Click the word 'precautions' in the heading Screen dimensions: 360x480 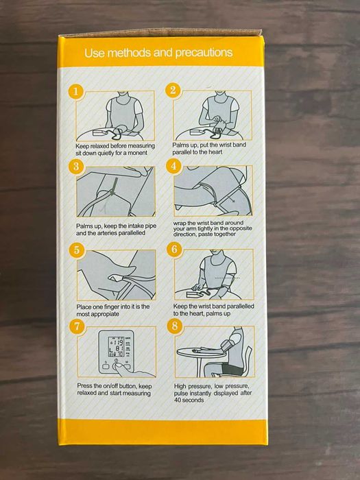tap(204, 53)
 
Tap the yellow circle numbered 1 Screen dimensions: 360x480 tap(76, 91)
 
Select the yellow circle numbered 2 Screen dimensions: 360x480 tap(173, 91)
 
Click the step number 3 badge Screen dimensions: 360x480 tap(76, 166)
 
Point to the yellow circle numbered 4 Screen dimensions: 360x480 tap(173, 166)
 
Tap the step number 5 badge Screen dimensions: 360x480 tap(77, 250)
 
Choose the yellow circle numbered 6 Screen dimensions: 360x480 tap(174, 249)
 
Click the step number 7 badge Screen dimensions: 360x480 tap(77, 326)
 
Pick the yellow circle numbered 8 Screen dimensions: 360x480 tap(175, 326)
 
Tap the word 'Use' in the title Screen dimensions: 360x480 tap(95, 53)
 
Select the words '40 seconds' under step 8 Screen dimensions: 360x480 tap(189, 400)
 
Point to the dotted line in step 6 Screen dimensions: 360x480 tap(228, 278)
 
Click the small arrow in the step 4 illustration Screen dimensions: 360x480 tap(230, 199)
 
